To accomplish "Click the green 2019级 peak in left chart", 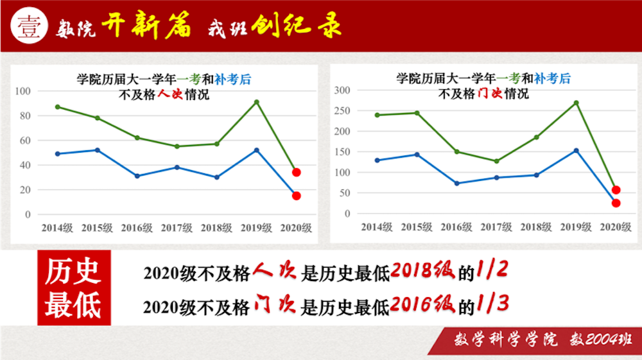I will (257, 101).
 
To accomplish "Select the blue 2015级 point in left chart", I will (97, 150).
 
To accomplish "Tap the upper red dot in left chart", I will (296, 172).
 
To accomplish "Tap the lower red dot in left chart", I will (296, 196).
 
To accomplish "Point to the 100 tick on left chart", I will (24, 91).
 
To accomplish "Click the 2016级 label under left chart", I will (137, 228).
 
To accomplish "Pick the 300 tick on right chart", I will (342, 90).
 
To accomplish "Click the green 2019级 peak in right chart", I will (576, 103).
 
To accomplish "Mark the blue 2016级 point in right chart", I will (456, 184).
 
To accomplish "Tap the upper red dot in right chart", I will (616, 190).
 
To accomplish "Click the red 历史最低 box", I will (74, 287).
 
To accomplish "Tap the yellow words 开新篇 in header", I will (147, 26).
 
